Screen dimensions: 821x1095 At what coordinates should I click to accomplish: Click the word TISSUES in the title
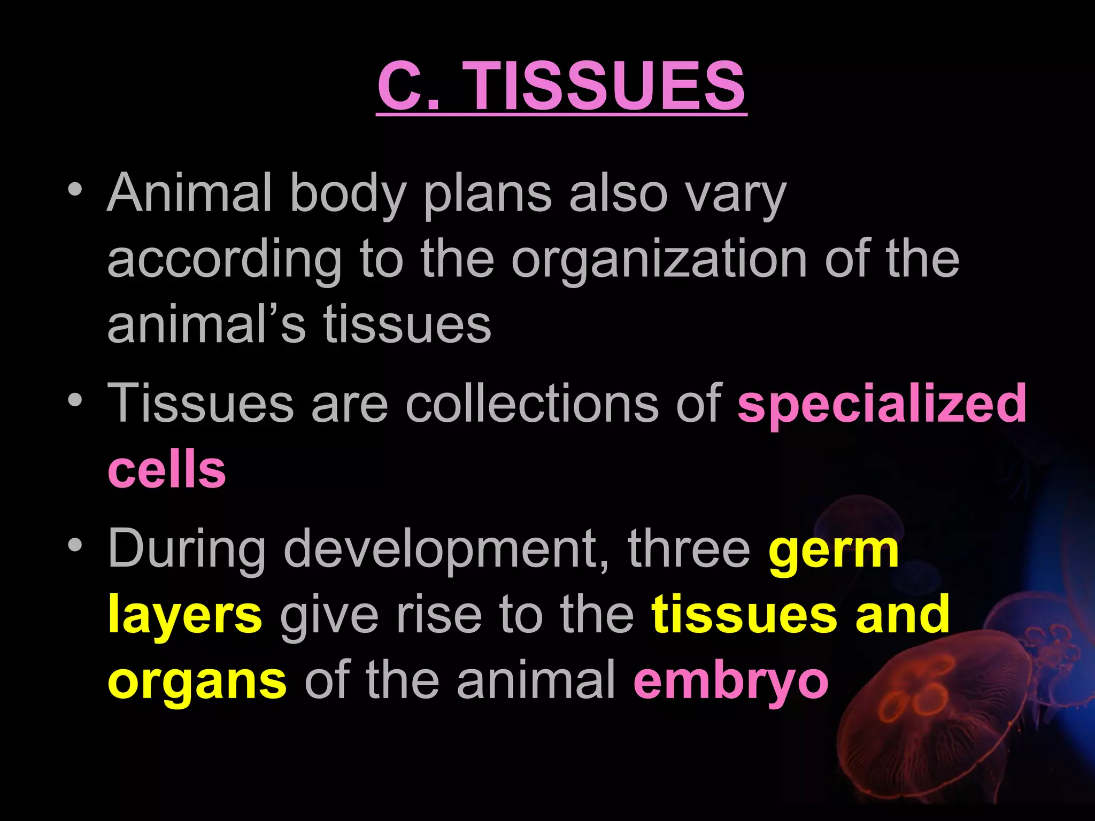(606, 86)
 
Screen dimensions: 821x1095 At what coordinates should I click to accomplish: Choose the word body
(348, 193)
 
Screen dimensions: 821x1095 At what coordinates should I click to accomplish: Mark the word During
(187, 549)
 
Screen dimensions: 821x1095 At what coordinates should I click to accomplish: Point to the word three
(689, 548)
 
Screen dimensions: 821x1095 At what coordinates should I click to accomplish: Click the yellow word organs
(197, 683)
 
